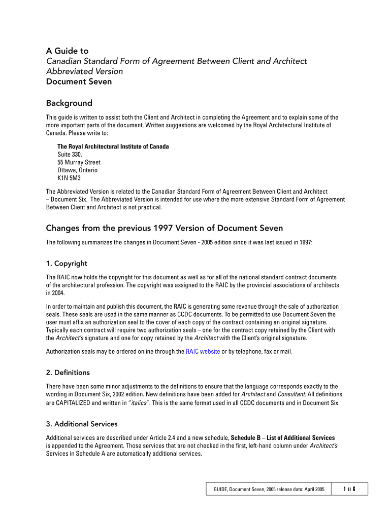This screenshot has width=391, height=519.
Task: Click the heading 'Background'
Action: pyautogui.click(x=69, y=103)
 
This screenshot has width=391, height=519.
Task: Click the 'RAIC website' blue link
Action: pyautogui.click(x=203, y=351)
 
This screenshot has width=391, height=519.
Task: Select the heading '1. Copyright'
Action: pyautogui.click(x=67, y=264)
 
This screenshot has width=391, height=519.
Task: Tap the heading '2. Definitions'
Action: pyautogui.click(x=68, y=373)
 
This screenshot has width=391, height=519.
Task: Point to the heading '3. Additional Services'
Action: pyautogui.click(x=81, y=424)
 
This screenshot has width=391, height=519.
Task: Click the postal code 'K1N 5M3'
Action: pyautogui.click(x=69, y=178)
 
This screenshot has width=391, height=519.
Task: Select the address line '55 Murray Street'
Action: pyautogui.click(x=79, y=162)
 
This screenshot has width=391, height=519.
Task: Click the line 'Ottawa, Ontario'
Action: pyautogui.click(x=77, y=170)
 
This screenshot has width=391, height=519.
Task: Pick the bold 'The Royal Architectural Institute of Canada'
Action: pyautogui.click(x=113, y=146)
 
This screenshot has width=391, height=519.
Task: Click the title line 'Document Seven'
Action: pyautogui.click(x=79, y=82)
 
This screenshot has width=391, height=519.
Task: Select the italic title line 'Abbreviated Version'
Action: pyautogui.click(x=84, y=71)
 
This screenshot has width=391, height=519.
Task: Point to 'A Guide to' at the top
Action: pyautogui.click(x=67, y=51)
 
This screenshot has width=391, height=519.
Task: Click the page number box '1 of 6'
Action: pyautogui.click(x=348, y=489)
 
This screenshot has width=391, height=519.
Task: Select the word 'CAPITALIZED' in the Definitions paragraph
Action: pyautogui.click(x=73, y=403)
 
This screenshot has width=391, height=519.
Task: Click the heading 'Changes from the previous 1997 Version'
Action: pyautogui.click(x=165, y=228)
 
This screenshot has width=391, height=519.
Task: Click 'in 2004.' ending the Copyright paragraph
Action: pyautogui.click(x=56, y=293)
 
